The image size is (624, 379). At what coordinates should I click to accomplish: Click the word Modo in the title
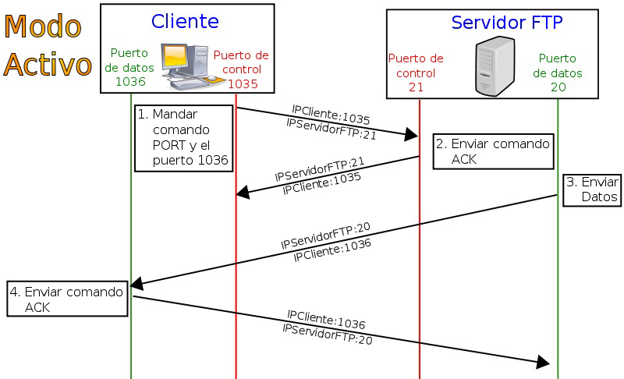(42, 27)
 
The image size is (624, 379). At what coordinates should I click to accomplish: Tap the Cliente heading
(185, 20)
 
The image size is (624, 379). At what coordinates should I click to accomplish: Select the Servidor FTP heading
(507, 23)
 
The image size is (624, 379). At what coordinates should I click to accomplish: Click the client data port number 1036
(130, 80)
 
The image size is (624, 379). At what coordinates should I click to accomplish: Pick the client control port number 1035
(243, 83)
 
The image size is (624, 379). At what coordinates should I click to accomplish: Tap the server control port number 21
(416, 86)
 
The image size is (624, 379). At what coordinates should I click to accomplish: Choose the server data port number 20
(558, 87)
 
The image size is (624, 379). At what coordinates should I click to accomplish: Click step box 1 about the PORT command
(183, 137)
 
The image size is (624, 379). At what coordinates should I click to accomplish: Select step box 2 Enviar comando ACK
(492, 151)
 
